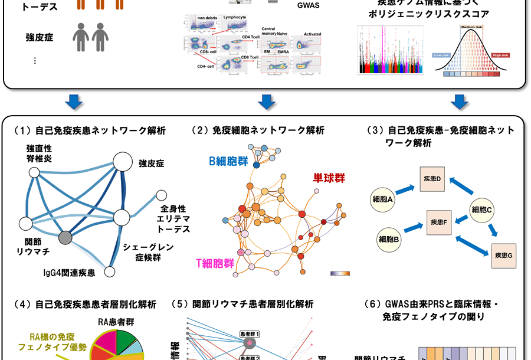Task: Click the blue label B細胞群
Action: [x=228, y=161]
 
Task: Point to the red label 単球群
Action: [x=329, y=178]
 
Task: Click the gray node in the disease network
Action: [x=66, y=238]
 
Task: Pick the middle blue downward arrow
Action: [x=267, y=102]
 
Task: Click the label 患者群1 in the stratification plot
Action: [x=250, y=334]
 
